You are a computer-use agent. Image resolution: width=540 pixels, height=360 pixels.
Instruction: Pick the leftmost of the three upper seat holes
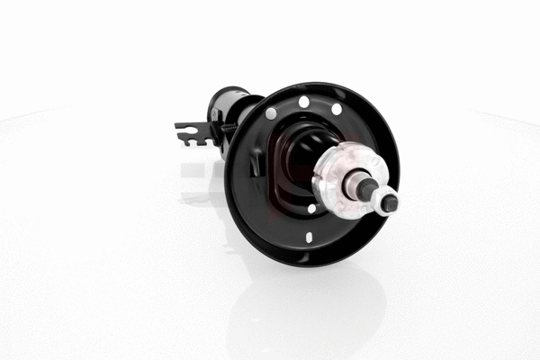coord(271,113)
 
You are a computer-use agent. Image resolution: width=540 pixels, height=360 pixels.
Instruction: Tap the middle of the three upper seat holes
coord(304,101)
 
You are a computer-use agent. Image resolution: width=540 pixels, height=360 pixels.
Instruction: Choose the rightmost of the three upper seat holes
coord(336,109)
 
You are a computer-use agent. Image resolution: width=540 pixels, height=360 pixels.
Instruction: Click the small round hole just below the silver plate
coord(311,209)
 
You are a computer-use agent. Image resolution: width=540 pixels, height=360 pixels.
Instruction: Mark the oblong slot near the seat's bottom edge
coord(309,238)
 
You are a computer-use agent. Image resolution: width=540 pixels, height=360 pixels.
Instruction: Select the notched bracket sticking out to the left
coord(192,133)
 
